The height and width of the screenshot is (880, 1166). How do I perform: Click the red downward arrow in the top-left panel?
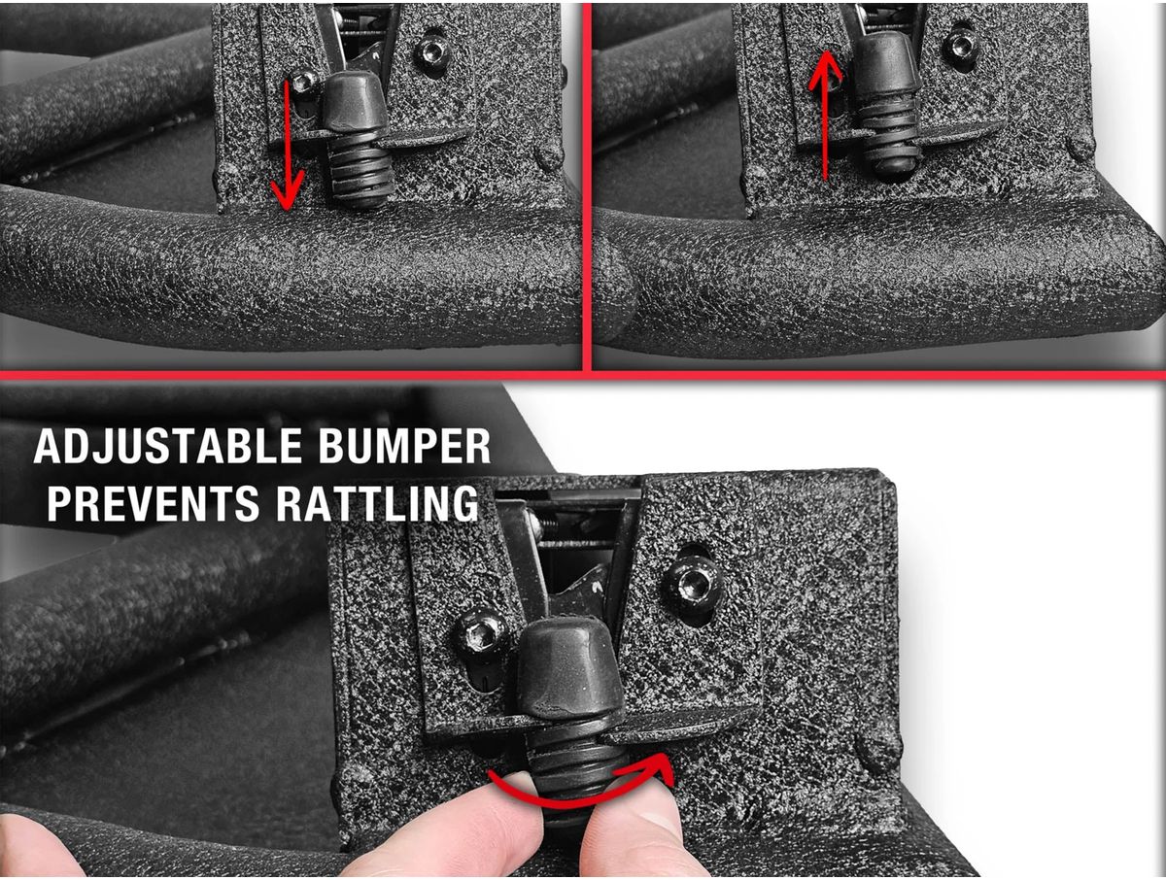click(288, 145)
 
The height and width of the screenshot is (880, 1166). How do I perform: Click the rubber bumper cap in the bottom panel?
click(569, 667)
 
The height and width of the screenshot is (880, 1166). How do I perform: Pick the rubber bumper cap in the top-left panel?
click(355, 101)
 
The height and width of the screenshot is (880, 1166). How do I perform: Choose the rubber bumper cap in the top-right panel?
click(888, 59)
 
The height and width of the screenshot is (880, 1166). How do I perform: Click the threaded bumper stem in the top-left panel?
click(360, 168)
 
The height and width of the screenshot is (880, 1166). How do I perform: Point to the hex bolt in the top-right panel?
click(960, 44)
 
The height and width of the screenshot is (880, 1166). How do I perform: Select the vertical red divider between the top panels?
click(587, 186)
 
